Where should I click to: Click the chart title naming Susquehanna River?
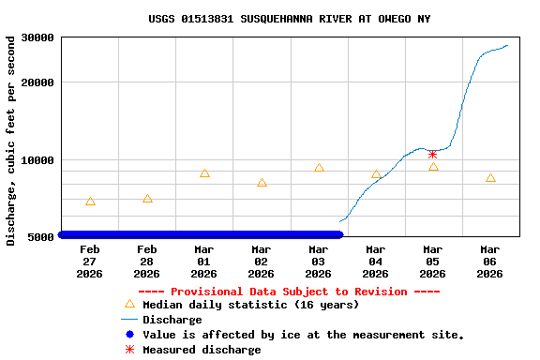pos(290,19)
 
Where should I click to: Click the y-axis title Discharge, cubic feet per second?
pos(11,141)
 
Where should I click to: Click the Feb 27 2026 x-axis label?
pos(90,262)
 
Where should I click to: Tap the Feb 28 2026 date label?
pos(147,262)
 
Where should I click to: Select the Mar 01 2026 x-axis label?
pos(204,262)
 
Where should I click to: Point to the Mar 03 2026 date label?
pos(319,262)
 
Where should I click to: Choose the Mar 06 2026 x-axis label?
pos(490,262)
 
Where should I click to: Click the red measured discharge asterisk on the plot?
pos(432,155)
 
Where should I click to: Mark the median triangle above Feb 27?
pos(90,202)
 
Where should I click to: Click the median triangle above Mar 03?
pos(319,168)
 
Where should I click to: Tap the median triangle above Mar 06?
pos(490,178)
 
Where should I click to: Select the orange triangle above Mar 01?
pos(204,173)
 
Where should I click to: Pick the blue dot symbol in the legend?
pos(129,335)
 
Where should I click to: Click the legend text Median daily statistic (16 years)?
pos(250,305)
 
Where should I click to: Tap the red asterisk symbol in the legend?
pos(129,350)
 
